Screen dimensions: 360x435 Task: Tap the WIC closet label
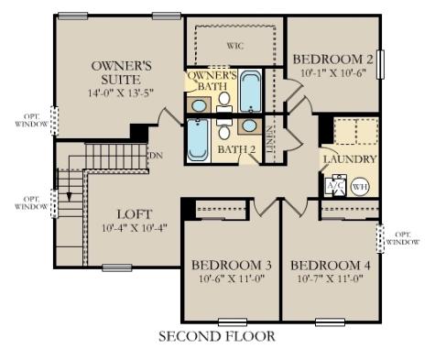pos(234,45)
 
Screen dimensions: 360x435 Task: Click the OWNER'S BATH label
pos(212,81)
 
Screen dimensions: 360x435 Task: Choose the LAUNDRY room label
pos(349,159)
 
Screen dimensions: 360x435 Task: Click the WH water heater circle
pos(360,186)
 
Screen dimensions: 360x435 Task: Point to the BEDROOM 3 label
pos(228,266)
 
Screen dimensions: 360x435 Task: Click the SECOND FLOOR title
pos(217,336)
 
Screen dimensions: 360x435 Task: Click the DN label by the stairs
pos(155,156)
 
